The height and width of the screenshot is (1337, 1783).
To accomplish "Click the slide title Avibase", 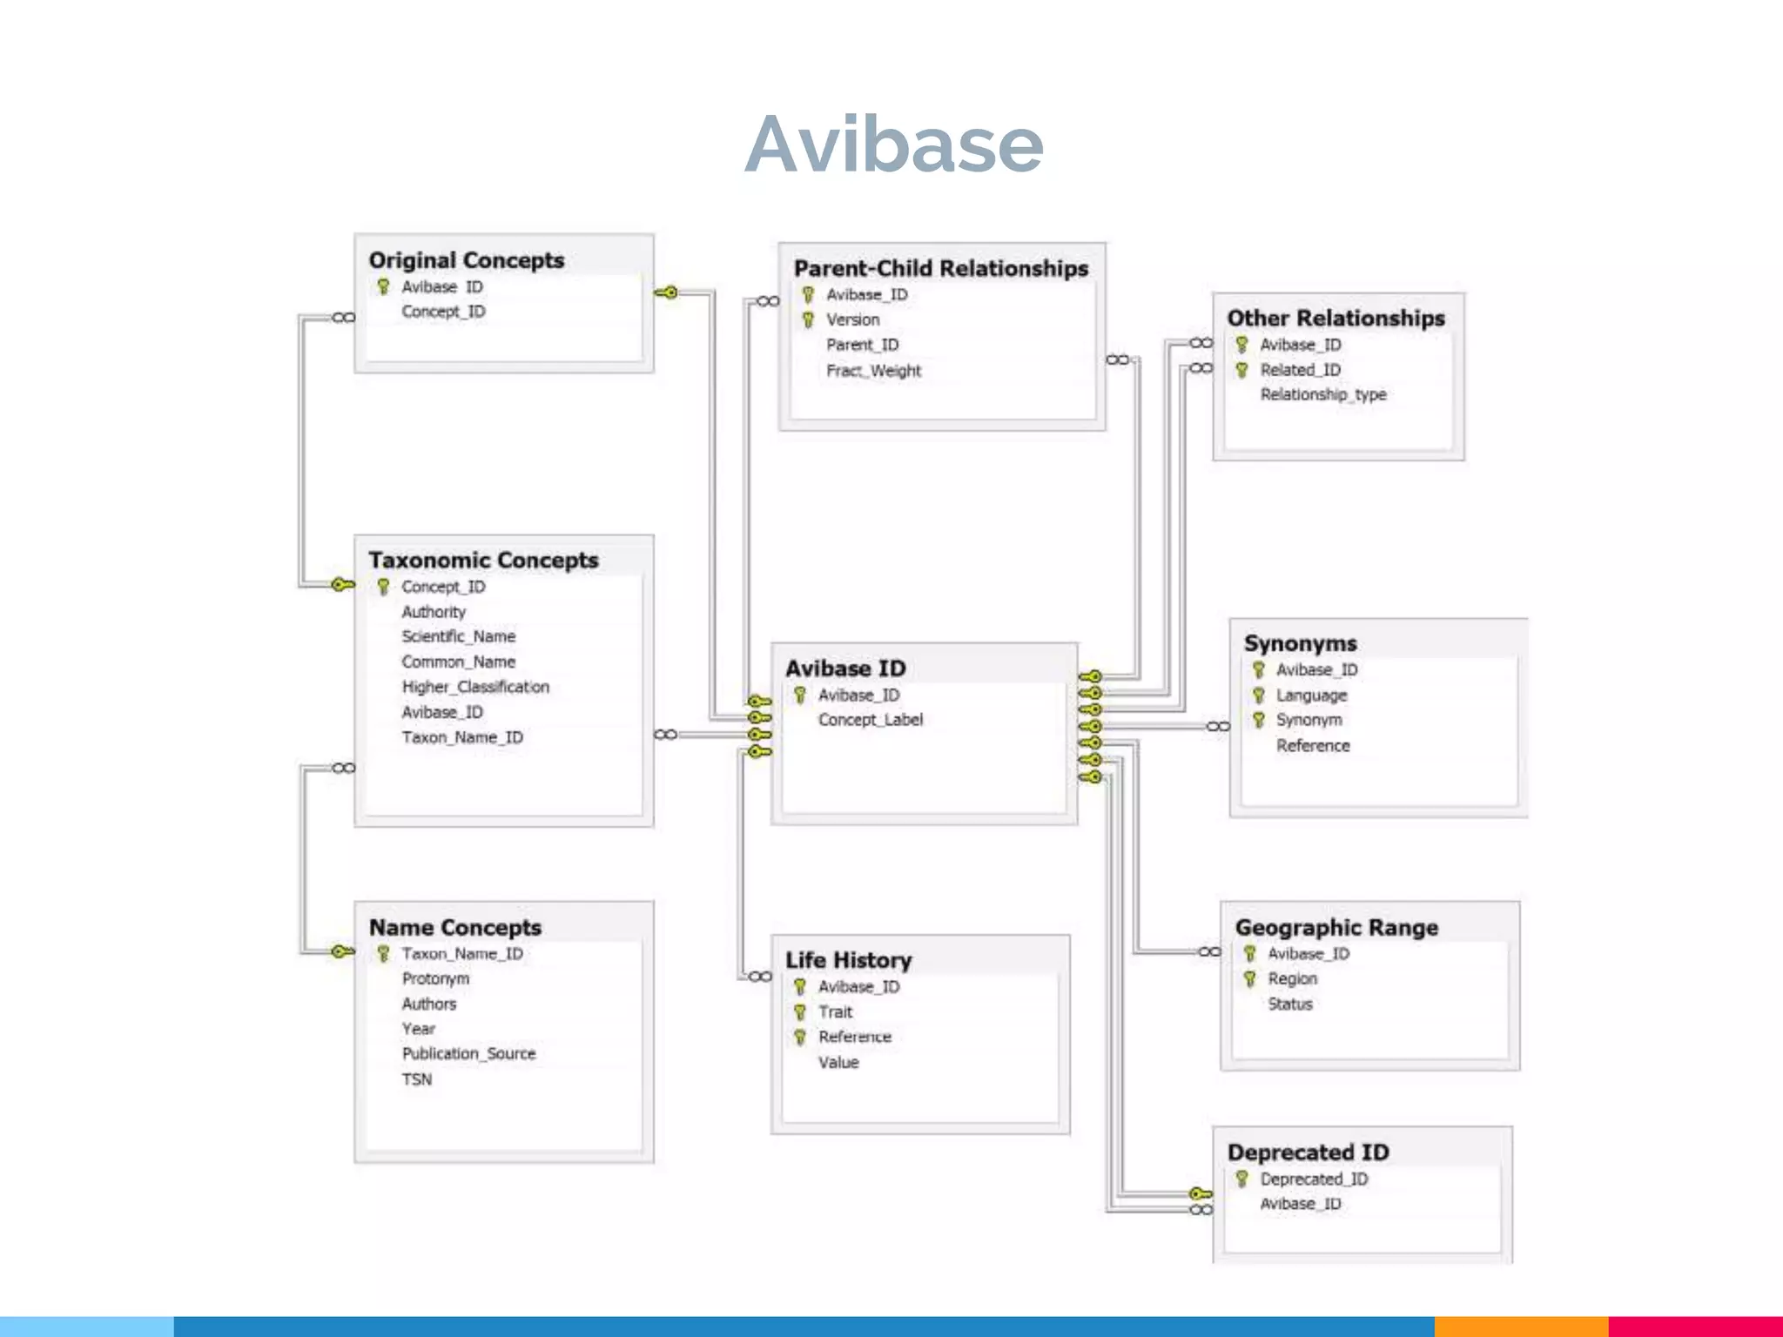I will point(893,144).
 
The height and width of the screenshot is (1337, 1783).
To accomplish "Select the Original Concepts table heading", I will point(466,260).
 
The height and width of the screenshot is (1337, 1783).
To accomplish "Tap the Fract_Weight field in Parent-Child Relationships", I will point(873,371).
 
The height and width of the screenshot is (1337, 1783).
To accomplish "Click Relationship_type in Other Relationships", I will point(1322,395).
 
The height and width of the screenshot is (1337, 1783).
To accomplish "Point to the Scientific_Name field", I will point(458,637).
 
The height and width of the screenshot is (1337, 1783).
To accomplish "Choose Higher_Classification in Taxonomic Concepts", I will point(475,688).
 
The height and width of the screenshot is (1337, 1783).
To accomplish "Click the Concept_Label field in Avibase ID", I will point(870,720).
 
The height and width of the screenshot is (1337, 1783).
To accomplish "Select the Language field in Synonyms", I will point(1311,695).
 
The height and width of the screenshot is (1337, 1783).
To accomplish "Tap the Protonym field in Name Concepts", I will point(435,979).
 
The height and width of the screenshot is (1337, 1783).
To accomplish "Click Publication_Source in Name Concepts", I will point(468,1054).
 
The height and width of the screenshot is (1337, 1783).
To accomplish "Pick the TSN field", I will point(417,1079).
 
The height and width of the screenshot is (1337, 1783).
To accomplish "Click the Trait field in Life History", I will point(835,1012).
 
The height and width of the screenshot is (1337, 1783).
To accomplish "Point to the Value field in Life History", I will point(838,1063).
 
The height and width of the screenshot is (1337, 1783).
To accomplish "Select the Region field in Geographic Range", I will point(1292,979).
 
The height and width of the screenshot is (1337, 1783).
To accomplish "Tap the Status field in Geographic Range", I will point(1289,1004).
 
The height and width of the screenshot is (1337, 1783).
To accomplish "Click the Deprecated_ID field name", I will point(1314,1179).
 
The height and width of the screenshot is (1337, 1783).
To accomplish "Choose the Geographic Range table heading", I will point(1336,928).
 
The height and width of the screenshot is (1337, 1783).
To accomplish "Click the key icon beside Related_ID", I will point(1242,370).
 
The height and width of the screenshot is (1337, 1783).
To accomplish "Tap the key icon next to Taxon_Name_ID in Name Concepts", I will point(383,954).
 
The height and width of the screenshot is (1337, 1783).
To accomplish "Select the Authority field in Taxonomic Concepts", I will point(434,613).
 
